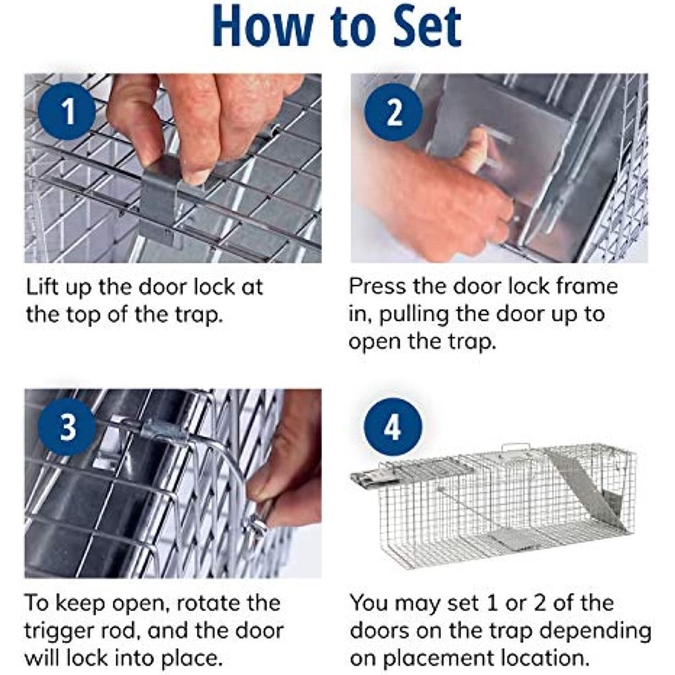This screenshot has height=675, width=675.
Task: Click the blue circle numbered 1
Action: point(67,112)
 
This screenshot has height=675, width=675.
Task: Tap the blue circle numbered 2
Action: point(394,112)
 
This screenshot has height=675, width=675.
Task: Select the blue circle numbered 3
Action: point(67,427)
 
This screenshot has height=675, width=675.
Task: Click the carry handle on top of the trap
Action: point(517,449)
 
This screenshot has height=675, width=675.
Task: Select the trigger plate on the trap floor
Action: point(513,538)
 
